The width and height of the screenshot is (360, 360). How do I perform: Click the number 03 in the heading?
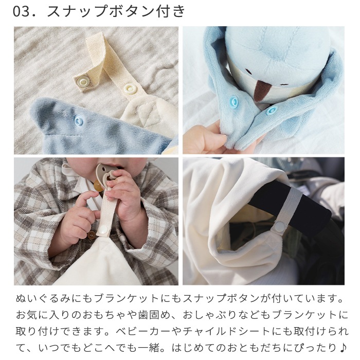[x=21, y=11]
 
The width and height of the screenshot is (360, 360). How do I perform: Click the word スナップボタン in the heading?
[x=100, y=11]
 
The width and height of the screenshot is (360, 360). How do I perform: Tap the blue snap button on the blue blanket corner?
[x=79, y=120]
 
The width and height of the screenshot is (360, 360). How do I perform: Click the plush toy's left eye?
[x=248, y=70]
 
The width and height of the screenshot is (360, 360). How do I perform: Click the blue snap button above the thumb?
[x=234, y=101]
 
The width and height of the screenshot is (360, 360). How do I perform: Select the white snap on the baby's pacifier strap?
[x=103, y=229]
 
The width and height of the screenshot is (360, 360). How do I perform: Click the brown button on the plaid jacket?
[x=92, y=235]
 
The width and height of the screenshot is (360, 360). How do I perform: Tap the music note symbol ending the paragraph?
[x=343, y=348]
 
